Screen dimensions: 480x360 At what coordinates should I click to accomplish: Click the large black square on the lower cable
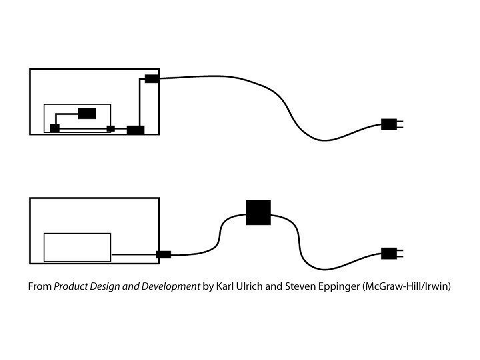click(257, 212)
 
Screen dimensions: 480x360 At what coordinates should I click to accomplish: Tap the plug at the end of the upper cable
click(389, 124)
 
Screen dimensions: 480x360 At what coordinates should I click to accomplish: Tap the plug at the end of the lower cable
click(389, 253)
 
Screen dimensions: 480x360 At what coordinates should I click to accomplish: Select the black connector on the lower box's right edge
click(163, 254)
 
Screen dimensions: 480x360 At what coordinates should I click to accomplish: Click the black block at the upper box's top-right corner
click(151, 79)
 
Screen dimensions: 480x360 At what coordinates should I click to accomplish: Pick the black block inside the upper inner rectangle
click(87, 113)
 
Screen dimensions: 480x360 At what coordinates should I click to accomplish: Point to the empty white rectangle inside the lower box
click(77, 247)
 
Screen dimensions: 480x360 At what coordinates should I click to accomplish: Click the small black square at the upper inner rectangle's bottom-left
click(55, 128)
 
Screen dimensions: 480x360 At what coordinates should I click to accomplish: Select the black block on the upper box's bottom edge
click(135, 130)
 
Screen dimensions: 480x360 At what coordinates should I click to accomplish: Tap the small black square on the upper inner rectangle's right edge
click(111, 129)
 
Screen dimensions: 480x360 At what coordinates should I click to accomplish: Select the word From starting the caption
click(39, 287)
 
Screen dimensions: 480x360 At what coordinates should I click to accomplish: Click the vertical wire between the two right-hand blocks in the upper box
click(140, 103)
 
